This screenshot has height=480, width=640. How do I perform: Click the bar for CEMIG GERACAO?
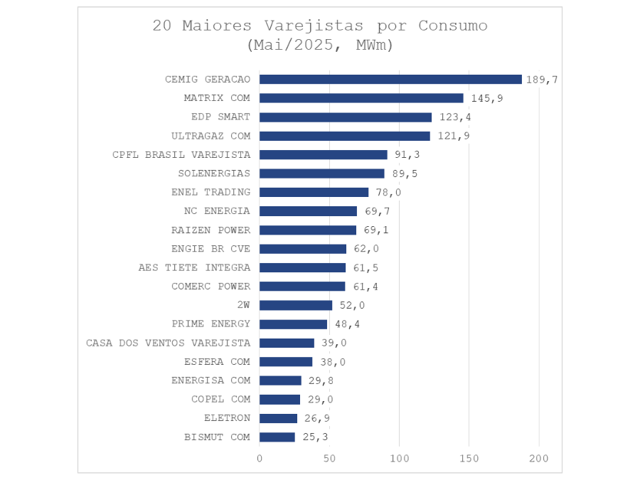(x=390, y=80)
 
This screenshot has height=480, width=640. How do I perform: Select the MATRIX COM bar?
(x=361, y=98)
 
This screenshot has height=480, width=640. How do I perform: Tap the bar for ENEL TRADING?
(x=314, y=192)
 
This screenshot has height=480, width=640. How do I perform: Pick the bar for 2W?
(x=296, y=305)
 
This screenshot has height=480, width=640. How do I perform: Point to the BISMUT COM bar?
(x=277, y=437)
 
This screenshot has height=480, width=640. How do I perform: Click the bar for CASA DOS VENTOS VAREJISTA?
(x=287, y=343)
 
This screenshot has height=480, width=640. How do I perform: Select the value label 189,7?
(x=541, y=80)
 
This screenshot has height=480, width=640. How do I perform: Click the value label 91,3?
(x=407, y=155)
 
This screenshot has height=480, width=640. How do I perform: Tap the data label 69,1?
(x=376, y=230)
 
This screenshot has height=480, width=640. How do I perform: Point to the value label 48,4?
(x=347, y=324)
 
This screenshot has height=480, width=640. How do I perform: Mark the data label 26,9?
(x=317, y=418)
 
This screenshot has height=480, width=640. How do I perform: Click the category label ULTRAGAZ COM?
(x=211, y=136)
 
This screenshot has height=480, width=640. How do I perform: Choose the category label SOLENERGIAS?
(x=214, y=174)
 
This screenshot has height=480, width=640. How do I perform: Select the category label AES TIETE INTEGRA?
(x=194, y=268)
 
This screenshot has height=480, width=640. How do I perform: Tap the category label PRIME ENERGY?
(x=211, y=324)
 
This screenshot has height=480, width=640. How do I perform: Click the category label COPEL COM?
(x=220, y=400)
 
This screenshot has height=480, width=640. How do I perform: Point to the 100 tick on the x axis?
(x=400, y=459)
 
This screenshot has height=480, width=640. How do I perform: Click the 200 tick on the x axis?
(x=539, y=459)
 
